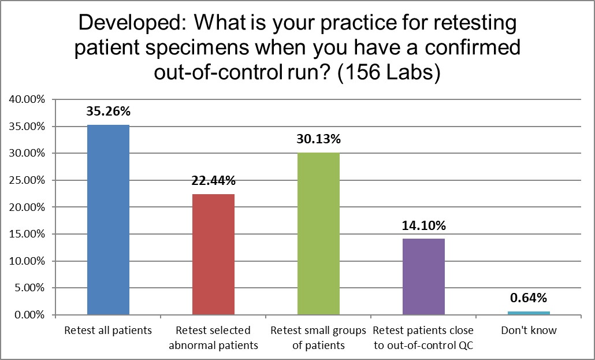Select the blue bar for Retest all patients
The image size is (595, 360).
pos(108,220)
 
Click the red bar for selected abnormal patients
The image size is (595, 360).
pos(213,254)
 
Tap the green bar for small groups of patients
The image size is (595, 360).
pos(318,233)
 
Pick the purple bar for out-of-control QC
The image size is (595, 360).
pos(423,276)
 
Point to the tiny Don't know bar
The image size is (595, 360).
pos(529,313)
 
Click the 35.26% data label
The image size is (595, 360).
pos(108,112)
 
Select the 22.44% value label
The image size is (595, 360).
pos(213,181)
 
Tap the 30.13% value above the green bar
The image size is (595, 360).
pos(318,139)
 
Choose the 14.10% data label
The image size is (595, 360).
pos(423,226)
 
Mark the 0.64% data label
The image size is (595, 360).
pos(529,298)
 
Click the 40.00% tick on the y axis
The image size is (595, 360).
pos(27,99)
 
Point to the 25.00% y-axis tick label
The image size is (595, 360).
pos(27,180)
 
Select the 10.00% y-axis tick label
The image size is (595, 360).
pos(27,261)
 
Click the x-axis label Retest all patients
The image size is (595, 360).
pos(108,331)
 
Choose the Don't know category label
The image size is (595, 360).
pos(529,331)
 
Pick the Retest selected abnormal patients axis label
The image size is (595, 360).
pos(213,337)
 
